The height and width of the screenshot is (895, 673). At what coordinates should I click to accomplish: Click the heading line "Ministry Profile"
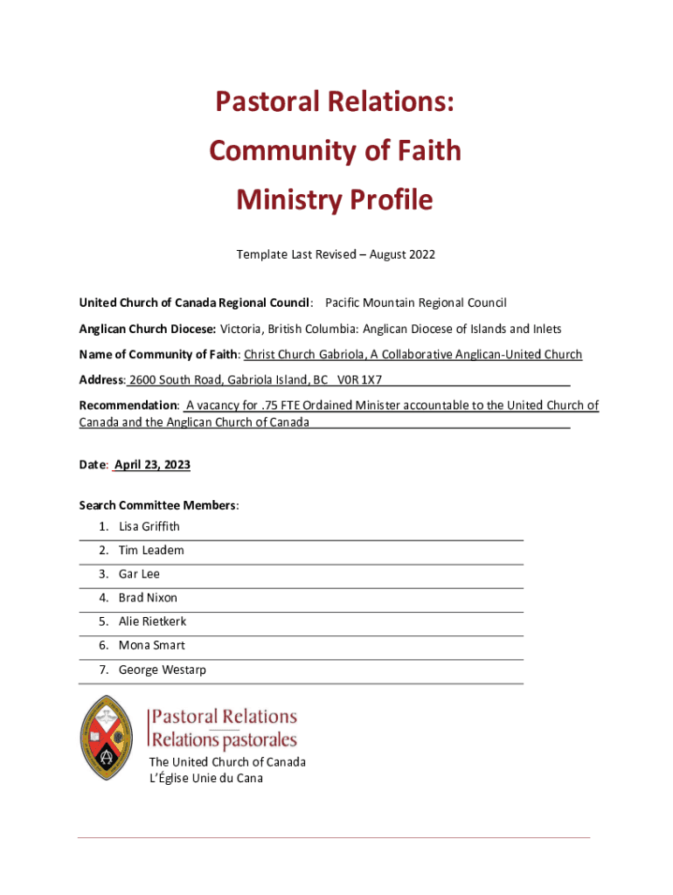[335, 201]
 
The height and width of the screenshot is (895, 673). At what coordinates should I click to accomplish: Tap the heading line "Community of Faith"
[335, 151]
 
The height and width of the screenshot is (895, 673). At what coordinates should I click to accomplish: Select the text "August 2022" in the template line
[402, 255]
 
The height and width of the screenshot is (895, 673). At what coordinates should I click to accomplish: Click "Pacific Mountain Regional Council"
[415, 303]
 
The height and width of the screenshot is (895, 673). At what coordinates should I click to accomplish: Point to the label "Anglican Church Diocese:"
[148, 330]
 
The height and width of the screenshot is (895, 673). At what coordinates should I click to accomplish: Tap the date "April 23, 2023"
[152, 465]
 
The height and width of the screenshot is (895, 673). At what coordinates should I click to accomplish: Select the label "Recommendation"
[128, 406]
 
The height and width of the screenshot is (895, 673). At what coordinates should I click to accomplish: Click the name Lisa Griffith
[149, 527]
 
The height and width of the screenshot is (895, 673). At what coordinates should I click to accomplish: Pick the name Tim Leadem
[151, 551]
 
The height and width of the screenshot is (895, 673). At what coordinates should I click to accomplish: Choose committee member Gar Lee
[139, 574]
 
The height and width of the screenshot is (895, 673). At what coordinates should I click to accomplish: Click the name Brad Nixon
[148, 598]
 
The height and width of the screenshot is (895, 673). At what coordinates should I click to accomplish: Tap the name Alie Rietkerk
[152, 621]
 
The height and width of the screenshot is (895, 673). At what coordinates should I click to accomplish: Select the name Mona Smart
[152, 646]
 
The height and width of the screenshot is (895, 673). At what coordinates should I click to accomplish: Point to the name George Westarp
[163, 670]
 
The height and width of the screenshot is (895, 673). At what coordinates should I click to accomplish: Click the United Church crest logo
[107, 738]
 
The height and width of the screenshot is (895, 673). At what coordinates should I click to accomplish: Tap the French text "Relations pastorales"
[225, 740]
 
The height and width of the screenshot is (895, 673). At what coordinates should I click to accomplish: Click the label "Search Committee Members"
[157, 505]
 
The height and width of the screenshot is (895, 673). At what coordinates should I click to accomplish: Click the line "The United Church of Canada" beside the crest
[227, 762]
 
